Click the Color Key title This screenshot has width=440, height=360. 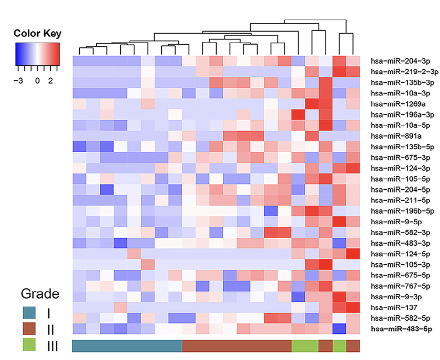(x=37, y=34)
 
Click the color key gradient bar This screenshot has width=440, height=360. (x=37, y=54)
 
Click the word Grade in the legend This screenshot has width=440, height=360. (x=40, y=294)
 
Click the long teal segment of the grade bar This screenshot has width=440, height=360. (x=127, y=346)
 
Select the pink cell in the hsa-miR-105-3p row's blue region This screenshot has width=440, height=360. (x=148, y=266)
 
